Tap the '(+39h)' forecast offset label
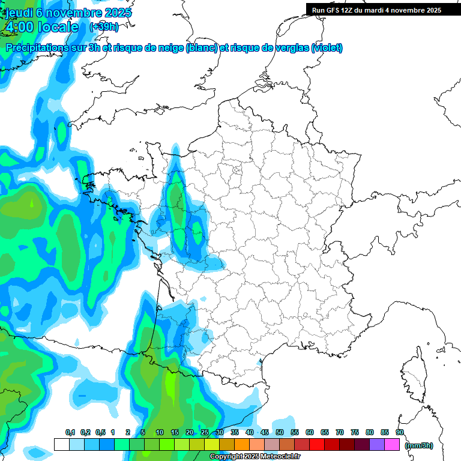[103, 26]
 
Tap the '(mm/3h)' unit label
[419, 445]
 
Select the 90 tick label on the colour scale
[400, 432]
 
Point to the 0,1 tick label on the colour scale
[70, 432]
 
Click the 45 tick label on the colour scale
[265, 432]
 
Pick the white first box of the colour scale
[61, 445]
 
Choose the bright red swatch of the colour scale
[317, 445]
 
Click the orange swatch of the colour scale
[242, 445]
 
